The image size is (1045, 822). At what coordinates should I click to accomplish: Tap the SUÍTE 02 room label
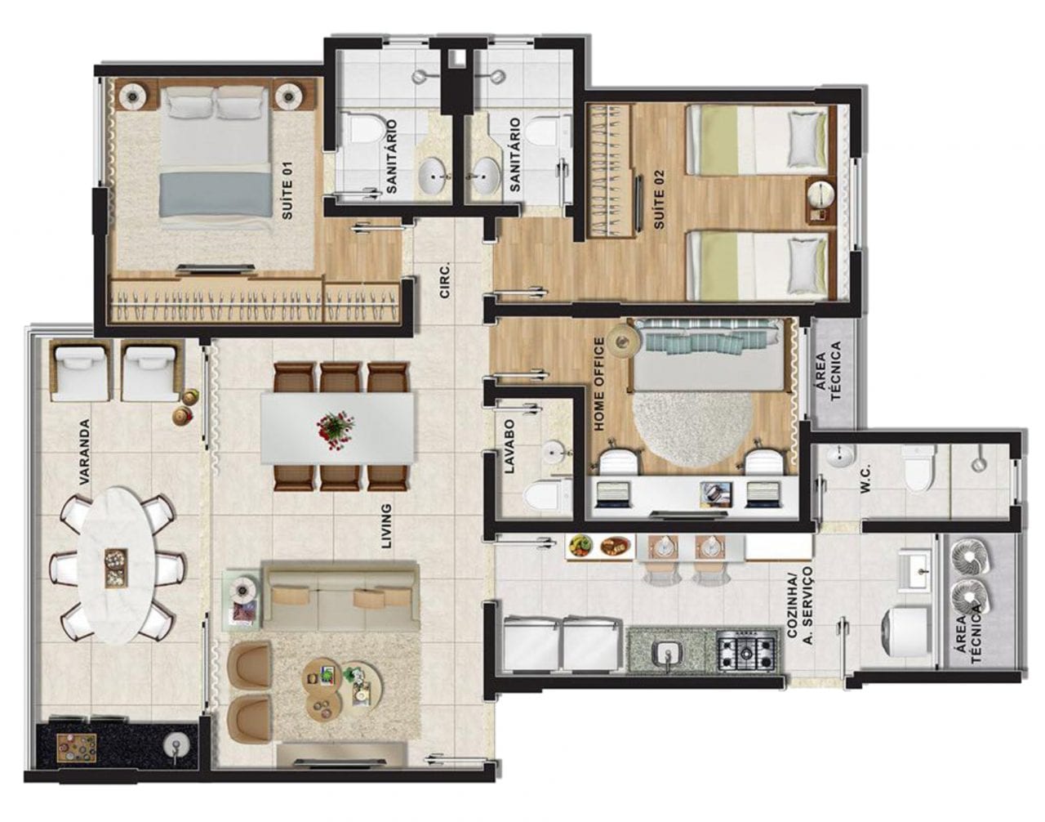(658, 199)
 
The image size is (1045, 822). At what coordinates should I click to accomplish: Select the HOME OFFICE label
(599, 384)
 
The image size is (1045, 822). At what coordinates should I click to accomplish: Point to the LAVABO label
(509, 445)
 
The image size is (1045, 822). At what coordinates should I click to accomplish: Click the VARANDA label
(85, 451)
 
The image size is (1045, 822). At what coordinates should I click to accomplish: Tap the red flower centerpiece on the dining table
(336, 429)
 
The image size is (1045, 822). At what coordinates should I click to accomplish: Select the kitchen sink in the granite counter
(667, 654)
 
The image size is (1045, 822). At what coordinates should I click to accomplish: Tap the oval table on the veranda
(117, 565)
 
